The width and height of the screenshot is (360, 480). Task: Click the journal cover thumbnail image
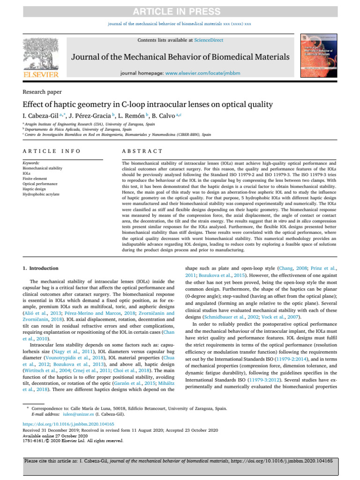point(315,55)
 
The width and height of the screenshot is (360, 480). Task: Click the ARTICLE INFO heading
point(51,151)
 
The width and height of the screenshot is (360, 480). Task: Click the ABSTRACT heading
point(142,151)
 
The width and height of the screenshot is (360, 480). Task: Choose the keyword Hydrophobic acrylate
point(41,194)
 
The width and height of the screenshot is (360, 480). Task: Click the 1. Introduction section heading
point(41,268)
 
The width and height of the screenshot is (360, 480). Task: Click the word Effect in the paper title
point(33,105)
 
